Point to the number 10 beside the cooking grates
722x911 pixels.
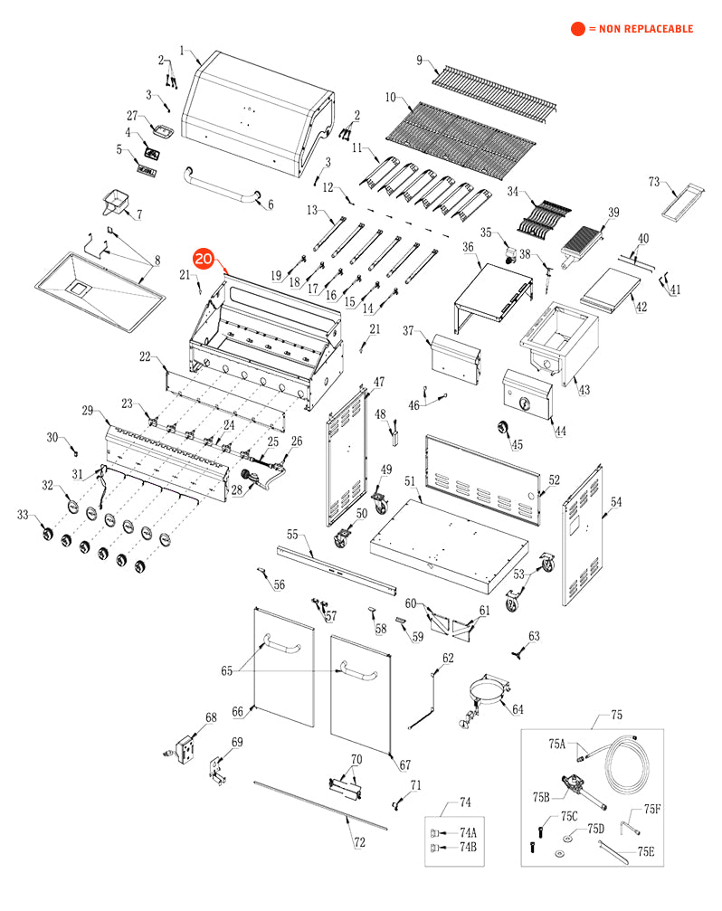coord(391,96)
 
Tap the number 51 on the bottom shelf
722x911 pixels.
coord(409,481)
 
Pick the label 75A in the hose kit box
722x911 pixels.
coord(556,744)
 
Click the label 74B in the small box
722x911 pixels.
coord(468,848)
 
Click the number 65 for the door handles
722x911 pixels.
coord(226,670)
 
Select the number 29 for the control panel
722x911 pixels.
coord(88,411)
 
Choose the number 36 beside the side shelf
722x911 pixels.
coord(468,247)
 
